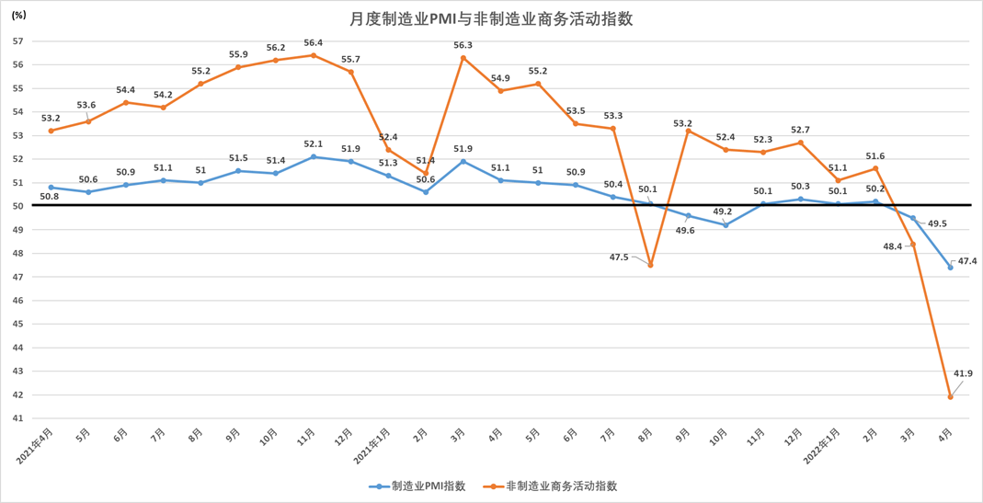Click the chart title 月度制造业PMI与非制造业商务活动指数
click(491, 18)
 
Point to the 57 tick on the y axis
click(17, 41)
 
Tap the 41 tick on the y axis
click(17, 418)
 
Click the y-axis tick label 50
click(17, 206)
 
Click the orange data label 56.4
click(314, 42)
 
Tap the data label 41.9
click(964, 373)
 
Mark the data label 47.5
click(619, 257)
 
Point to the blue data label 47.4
click(967, 261)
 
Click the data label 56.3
click(463, 45)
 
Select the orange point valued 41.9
click(951, 397)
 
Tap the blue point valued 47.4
click(951, 268)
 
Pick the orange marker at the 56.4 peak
click(314, 55)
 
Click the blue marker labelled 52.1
click(314, 157)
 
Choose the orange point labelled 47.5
click(651, 266)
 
